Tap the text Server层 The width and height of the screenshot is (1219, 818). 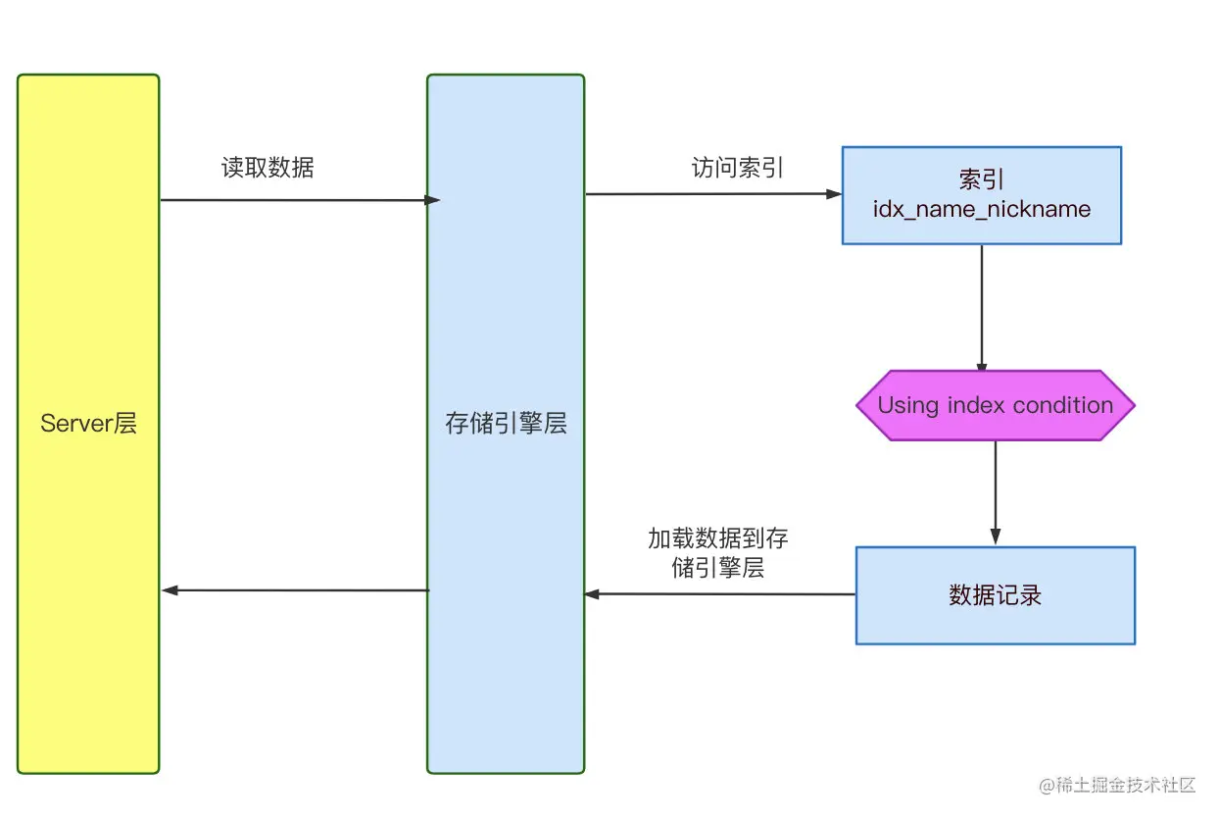(88, 424)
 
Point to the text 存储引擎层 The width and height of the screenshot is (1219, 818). (506, 425)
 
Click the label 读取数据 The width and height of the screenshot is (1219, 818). (268, 168)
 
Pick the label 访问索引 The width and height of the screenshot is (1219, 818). (738, 168)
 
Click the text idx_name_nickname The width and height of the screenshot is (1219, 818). (982, 209)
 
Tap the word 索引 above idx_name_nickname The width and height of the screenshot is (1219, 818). (982, 179)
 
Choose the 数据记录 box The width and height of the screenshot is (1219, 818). (996, 595)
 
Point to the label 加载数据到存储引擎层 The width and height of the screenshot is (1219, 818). (718, 553)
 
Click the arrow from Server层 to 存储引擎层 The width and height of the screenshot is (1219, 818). (294, 200)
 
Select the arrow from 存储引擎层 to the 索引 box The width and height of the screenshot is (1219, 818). (713, 194)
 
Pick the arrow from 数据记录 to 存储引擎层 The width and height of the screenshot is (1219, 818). (720, 593)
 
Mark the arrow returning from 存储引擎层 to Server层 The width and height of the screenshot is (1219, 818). (294, 590)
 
